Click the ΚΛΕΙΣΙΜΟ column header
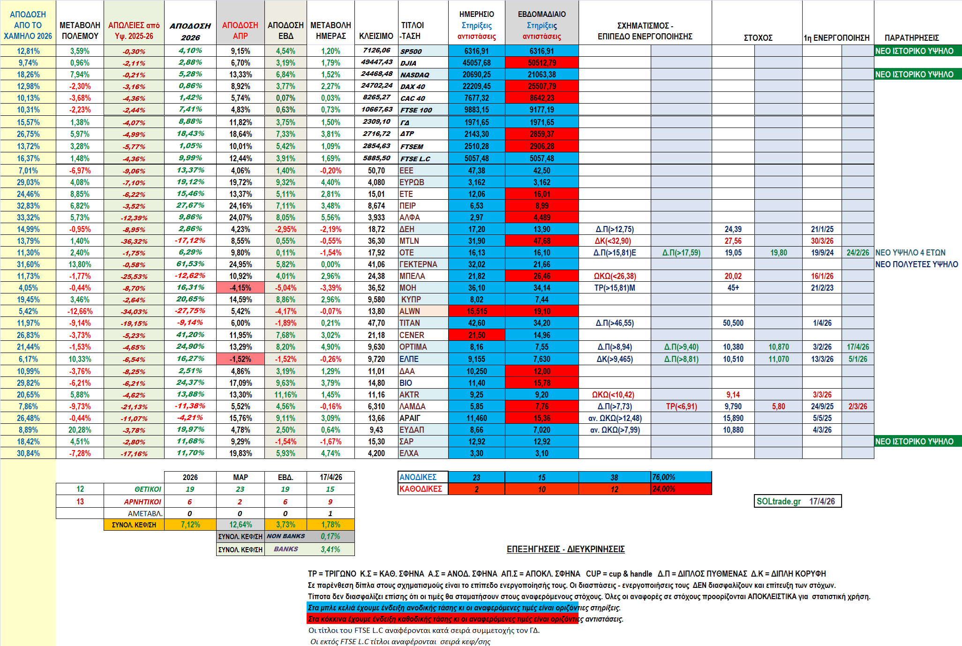coord(376,36)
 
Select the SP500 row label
coord(411,51)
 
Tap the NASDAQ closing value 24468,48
coord(376,74)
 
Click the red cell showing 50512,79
coord(541,63)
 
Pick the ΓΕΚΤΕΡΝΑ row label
coord(418,264)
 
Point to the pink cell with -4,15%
coord(240,288)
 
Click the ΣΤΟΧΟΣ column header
coord(758,38)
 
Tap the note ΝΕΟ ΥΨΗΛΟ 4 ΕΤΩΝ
coord(910,253)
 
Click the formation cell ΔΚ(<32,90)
coord(613,241)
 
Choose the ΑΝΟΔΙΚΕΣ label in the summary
coord(418,477)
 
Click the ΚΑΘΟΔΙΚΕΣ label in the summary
coord(421,489)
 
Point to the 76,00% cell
coord(664,477)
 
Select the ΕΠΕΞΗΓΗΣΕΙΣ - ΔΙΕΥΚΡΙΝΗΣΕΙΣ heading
coord(565,549)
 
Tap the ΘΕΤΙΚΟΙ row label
coord(147,489)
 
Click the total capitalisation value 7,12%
coord(190,525)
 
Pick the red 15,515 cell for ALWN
coord(476,311)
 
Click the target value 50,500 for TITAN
coord(733,323)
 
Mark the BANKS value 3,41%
coord(330,549)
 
